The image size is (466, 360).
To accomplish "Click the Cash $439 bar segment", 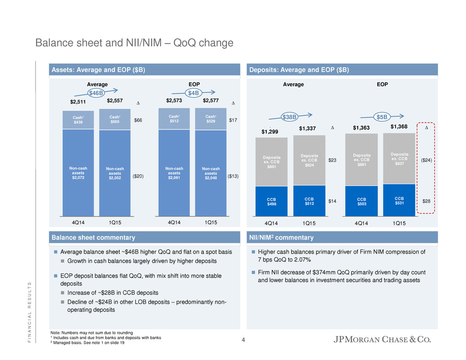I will [78, 120].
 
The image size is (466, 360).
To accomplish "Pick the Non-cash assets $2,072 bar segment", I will [78, 172].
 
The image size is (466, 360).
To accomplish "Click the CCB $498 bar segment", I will [271, 201].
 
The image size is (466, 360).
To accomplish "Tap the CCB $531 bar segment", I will [399, 200].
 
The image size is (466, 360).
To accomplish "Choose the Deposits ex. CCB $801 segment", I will [271, 162].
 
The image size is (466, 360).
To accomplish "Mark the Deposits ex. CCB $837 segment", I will [399, 159].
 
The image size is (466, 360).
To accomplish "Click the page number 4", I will [243, 340].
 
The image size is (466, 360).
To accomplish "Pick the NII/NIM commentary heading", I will [282, 237].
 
